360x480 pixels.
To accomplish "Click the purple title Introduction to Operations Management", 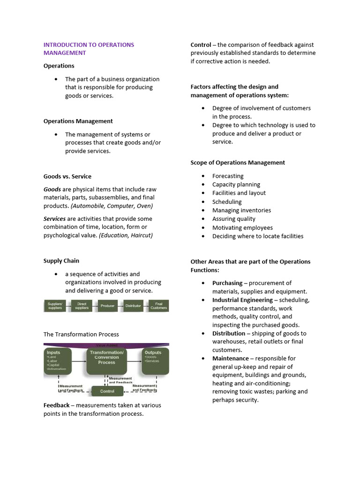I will coord(89,49).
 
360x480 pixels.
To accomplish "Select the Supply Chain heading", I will coord(61,261).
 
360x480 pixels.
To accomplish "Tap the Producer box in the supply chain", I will coord(107,306).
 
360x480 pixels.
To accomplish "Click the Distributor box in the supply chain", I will coord(133,306).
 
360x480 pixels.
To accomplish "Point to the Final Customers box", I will coord(158,306).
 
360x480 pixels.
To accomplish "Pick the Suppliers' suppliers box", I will coord(55,306).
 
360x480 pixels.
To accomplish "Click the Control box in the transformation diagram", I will coord(107,391).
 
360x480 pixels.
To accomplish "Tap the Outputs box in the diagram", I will coord(155,360).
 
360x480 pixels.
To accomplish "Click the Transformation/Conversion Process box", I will coord(106,360).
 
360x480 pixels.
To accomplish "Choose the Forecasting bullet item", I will coord(228,176).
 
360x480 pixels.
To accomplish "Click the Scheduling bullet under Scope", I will coord(227,202).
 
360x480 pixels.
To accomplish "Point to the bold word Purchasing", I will coord(227,283).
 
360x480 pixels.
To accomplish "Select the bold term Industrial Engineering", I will coord(242,300).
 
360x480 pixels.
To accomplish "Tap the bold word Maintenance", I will coord(230,358).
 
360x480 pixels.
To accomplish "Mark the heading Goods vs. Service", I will coord(67,176).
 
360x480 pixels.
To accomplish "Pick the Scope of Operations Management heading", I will coord(238,163).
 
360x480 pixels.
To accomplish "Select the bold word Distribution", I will coord(229,333).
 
